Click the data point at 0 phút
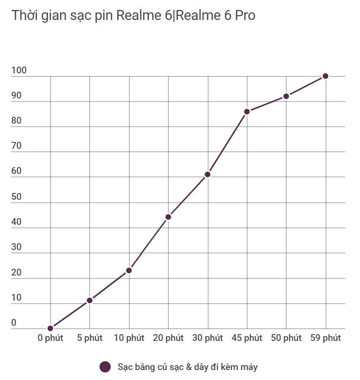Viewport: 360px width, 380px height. click(x=50, y=328)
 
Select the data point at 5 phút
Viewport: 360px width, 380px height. click(x=90, y=300)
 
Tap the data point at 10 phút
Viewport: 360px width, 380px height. click(x=129, y=270)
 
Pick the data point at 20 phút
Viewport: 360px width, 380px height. click(x=168, y=217)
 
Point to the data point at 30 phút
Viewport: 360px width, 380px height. click(x=207, y=174)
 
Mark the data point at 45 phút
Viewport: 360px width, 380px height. click(x=247, y=112)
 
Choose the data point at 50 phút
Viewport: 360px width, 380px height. click(x=286, y=96)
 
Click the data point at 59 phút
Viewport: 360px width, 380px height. click(x=325, y=76)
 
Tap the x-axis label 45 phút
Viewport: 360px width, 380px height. click(x=247, y=338)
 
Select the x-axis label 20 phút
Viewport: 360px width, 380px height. click(x=168, y=338)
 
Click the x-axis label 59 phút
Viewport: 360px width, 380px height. click(x=325, y=338)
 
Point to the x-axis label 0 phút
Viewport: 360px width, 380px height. click(x=50, y=338)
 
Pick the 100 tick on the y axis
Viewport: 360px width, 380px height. click(x=19, y=71)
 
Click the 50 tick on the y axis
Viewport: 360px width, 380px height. click(x=16, y=197)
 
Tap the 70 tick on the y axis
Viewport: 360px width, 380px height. click(x=16, y=146)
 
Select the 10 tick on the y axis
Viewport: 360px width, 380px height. click(x=16, y=298)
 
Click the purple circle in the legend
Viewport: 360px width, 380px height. click(x=105, y=367)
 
